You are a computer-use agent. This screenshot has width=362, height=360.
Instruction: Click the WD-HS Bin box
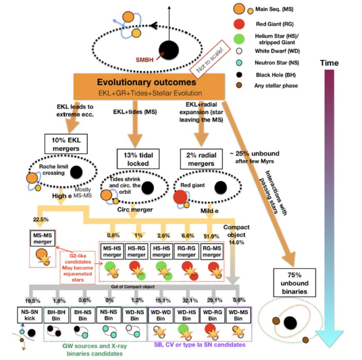[186, 315]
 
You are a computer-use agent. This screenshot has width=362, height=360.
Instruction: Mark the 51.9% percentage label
[210, 222]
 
